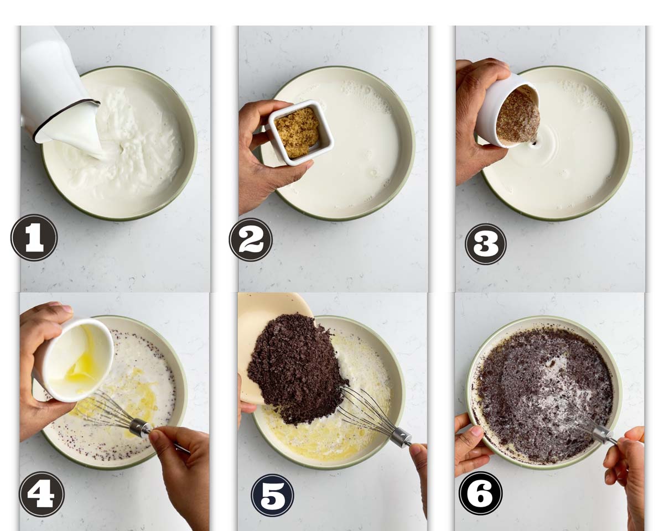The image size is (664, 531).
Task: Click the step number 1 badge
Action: pos(34,238)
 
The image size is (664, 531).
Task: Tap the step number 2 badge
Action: pos(251,240)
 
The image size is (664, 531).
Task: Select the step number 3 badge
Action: pos(485,244)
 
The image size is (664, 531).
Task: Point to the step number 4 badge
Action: pos(41,494)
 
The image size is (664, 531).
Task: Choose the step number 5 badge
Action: pos(272,495)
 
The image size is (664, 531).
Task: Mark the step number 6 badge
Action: pos(480,493)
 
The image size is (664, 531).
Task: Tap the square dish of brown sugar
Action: pos(299,133)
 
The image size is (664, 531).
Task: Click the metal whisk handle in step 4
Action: pos(141,428)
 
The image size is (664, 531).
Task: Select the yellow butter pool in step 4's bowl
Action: pos(136,398)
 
